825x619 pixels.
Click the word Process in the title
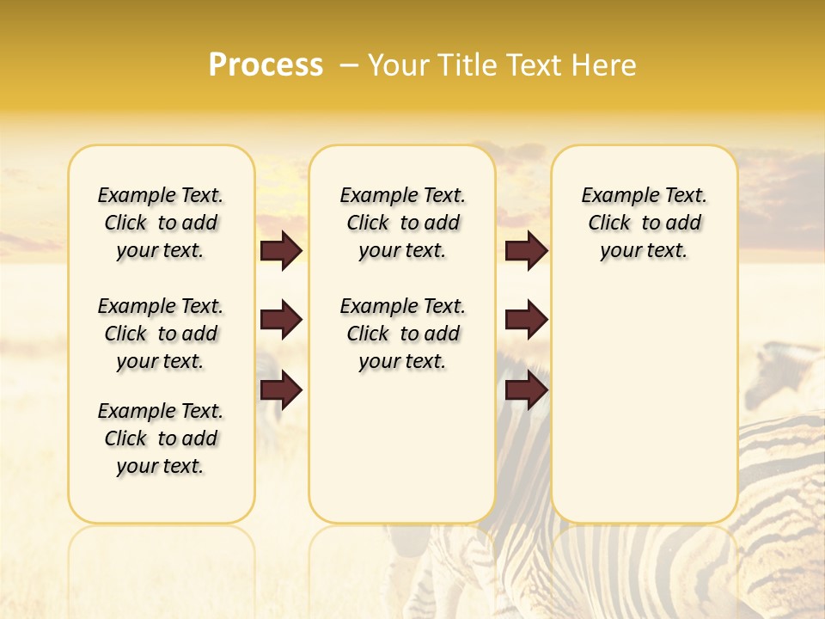pyautogui.click(x=266, y=65)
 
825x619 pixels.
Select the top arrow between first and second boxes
pyautogui.click(x=281, y=251)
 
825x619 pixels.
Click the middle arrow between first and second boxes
pyautogui.click(x=281, y=321)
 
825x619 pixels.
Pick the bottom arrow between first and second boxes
pyautogui.click(x=281, y=391)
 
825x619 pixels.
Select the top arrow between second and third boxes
pyautogui.click(x=526, y=251)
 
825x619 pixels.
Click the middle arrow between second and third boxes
pyautogui.click(x=526, y=321)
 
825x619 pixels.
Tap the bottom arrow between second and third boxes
pyautogui.click(x=526, y=391)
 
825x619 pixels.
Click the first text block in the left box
pyautogui.click(x=161, y=223)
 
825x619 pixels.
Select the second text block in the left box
pyautogui.click(x=161, y=334)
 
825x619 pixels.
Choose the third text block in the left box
pyautogui.click(x=161, y=438)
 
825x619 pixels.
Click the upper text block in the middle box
pyautogui.click(x=402, y=223)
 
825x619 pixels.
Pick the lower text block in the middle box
pyautogui.click(x=402, y=334)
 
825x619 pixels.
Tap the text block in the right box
pyautogui.click(x=645, y=223)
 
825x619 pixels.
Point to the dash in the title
pyautogui.click(x=348, y=65)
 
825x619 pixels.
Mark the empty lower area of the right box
pyautogui.click(x=645, y=404)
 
